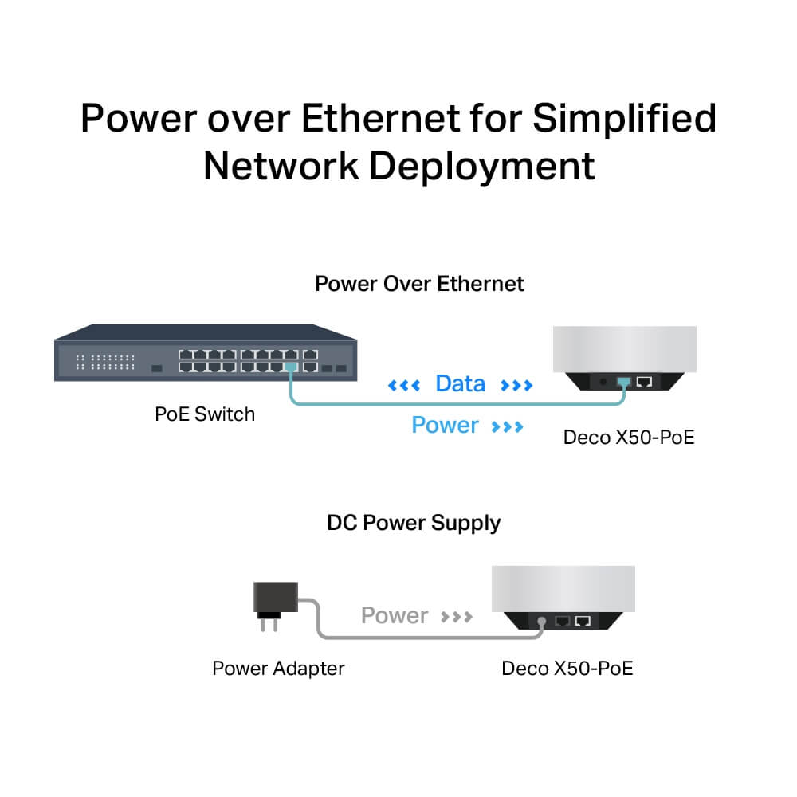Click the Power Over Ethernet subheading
[x=419, y=284]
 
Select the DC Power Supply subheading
[x=414, y=523]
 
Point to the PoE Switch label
[x=205, y=414]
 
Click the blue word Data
[x=460, y=384]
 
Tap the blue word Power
[x=445, y=425]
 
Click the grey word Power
[x=395, y=615]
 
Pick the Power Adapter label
[x=278, y=668]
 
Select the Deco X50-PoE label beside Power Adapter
[x=567, y=668]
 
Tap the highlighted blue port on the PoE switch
[x=291, y=367]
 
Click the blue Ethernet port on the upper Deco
[x=624, y=382]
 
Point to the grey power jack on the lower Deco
[x=542, y=620]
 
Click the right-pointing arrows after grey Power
[x=457, y=617]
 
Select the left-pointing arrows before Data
[x=403, y=386]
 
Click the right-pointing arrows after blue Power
[x=508, y=426]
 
